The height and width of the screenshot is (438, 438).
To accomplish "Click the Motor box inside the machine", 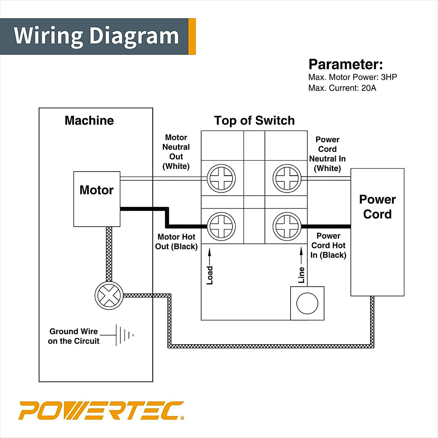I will pos(97,199).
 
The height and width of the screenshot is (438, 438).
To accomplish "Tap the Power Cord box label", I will pos(377,207).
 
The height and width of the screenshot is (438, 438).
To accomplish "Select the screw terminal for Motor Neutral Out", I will pos(221,179).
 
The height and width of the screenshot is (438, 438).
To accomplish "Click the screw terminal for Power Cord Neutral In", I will pos(287,179).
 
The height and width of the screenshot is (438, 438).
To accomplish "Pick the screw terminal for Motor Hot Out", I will pos(221,226).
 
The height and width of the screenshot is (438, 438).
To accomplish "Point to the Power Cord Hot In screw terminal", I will pos(287,226).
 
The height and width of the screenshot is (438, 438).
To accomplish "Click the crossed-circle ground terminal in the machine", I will pos(109,296).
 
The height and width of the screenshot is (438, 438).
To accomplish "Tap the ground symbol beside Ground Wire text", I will pos(124,335).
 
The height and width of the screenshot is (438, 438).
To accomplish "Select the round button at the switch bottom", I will pos(307,303).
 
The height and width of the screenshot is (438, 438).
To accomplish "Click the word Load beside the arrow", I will pos(210,275).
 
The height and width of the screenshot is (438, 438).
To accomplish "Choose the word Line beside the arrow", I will pos(301,275).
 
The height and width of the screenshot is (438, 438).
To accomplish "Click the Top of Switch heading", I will pos(254,120).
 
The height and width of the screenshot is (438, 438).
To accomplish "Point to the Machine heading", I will pos(89,120).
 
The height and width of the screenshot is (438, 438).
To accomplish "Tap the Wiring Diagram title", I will pos(96,36).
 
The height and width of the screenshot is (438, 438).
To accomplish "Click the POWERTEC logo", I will pos(101,411).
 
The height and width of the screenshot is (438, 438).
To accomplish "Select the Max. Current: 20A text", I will pos(342,88).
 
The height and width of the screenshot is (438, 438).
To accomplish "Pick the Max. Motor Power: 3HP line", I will pos(353,77).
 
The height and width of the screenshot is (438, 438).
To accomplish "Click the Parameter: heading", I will pos(346,64).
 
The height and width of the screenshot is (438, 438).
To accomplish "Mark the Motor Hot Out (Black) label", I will pos(176,242).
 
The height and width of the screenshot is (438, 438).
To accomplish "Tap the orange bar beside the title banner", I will pos(192,36).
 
